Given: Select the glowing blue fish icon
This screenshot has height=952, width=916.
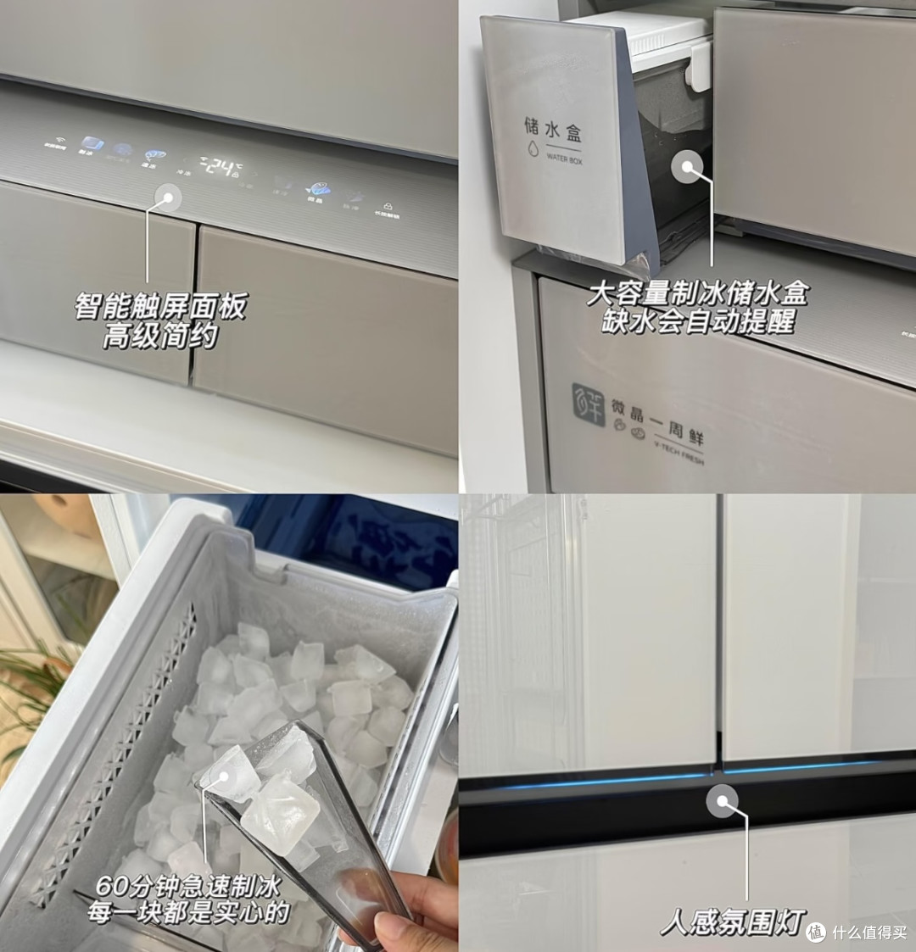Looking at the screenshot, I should pyautogui.click(x=317, y=190).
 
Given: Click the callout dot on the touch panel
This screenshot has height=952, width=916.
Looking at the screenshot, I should pyautogui.click(x=166, y=198).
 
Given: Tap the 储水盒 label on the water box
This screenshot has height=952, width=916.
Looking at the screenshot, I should pyautogui.click(x=553, y=130).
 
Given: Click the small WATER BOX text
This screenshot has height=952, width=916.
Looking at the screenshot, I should pyautogui.click(x=564, y=159).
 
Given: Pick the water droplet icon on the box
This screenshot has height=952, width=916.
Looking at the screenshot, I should pyautogui.click(x=533, y=151).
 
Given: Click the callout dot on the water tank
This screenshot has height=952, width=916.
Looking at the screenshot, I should pyautogui.click(x=687, y=166).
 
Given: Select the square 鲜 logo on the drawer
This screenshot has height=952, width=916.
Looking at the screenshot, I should pyautogui.click(x=589, y=404).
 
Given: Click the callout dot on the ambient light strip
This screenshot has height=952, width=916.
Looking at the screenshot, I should pyautogui.click(x=723, y=801).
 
